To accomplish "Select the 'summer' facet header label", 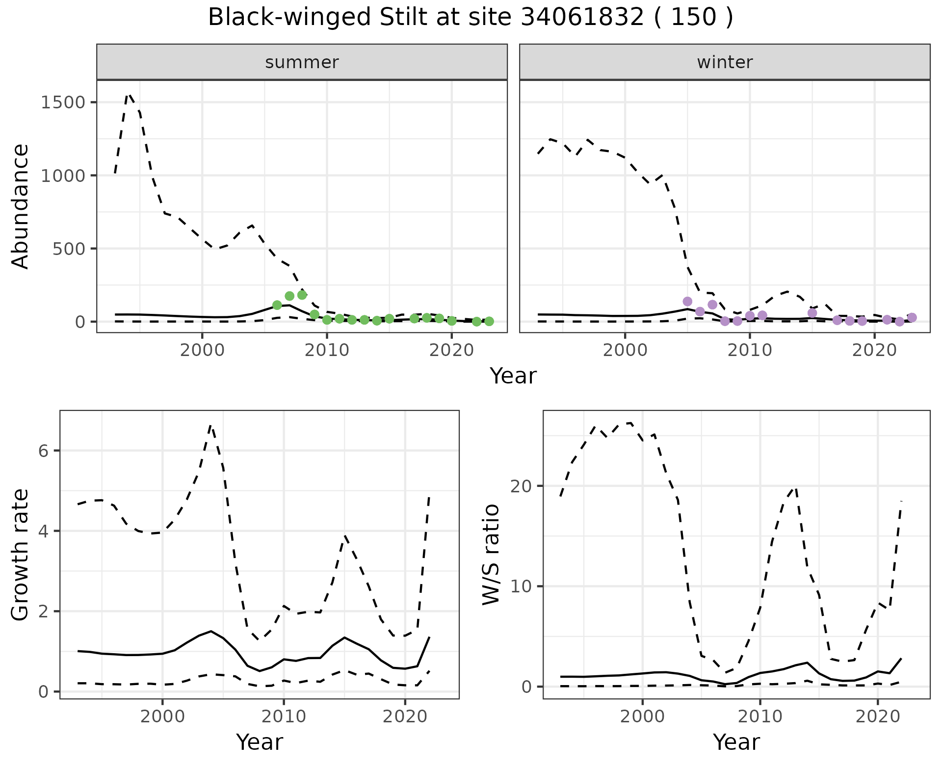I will [302, 62].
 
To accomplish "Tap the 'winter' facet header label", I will [725, 62].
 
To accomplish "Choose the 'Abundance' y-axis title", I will [21, 206].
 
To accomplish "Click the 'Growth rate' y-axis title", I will [21, 555].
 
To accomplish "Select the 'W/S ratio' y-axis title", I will [491, 554].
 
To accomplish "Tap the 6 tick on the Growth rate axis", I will [43, 451].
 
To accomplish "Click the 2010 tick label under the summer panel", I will [327, 351].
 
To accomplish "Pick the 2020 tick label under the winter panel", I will [874, 351].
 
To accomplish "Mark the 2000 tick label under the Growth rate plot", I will [162, 716].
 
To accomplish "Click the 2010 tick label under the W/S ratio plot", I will [760, 716].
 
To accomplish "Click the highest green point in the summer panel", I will [302, 295].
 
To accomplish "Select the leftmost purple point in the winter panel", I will [687, 301].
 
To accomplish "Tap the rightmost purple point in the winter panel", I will [912, 317].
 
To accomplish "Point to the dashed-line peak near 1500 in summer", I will [129, 95].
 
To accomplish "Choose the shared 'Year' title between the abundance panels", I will [513, 376].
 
